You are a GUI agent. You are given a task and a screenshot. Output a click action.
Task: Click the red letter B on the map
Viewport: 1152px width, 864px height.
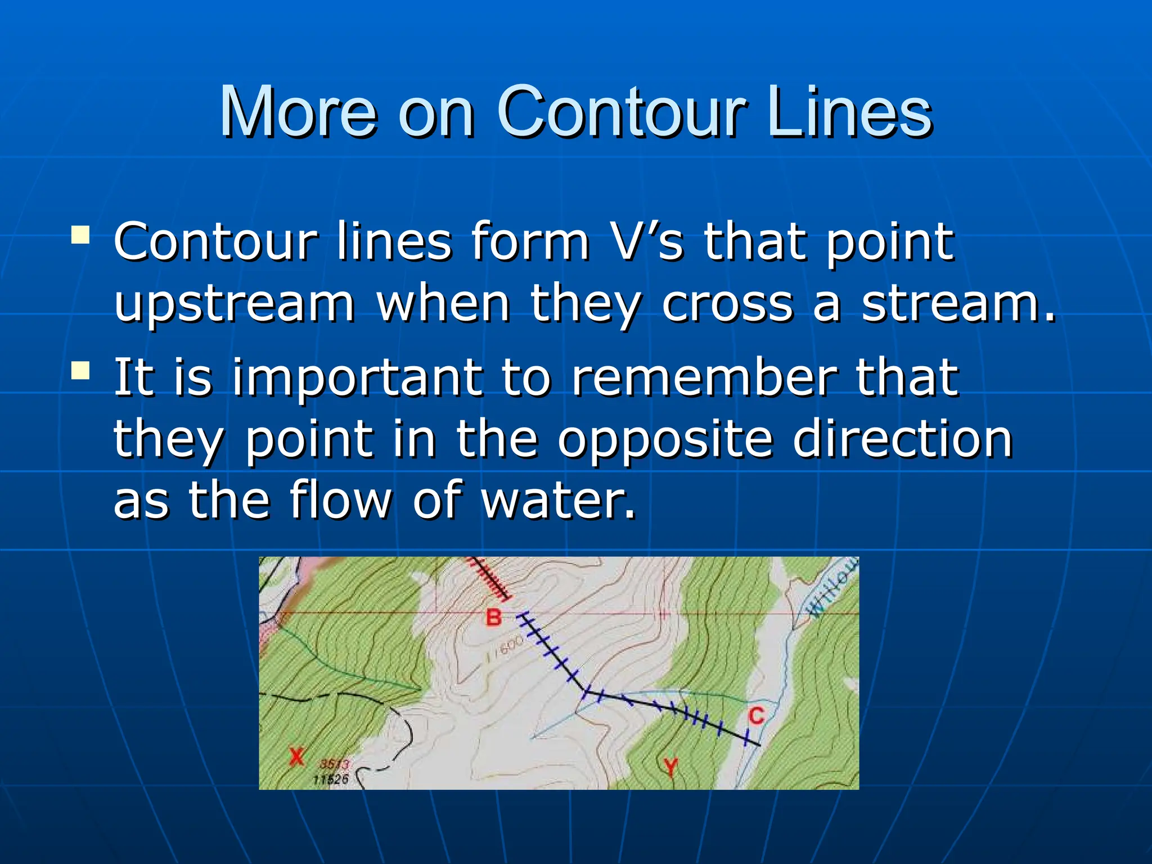(493, 618)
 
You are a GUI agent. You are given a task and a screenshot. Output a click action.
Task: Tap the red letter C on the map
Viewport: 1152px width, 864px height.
(757, 716)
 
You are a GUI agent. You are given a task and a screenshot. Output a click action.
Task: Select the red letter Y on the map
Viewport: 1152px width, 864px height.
(670, 767)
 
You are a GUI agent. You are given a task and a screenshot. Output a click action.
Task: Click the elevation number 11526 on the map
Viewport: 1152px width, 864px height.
(331, 780)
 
